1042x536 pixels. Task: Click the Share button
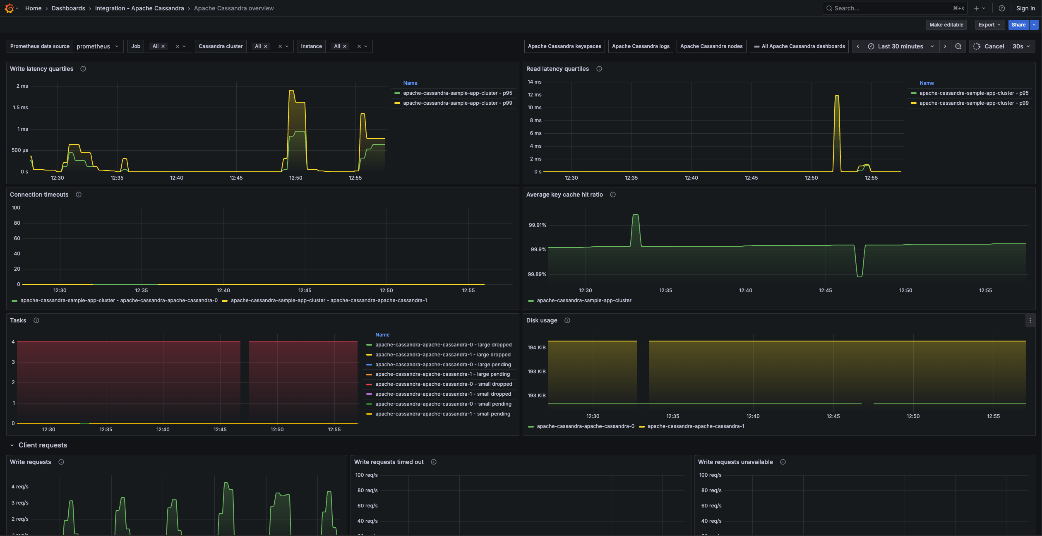pyautogui.click(x=1018, y=25)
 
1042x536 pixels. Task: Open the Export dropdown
pyautogui.click(x=989, y=25)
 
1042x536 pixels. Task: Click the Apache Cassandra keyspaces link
pyautogui.click(x=564, y=46)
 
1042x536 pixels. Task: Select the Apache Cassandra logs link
pyautogui.click(x=640, y=46)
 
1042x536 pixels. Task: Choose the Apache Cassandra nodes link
pyautogui.click(x=711, y=46)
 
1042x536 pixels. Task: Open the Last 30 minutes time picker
pyautogui.click(x=900, y=46)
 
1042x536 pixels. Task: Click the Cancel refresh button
pyautogui.click(x=989, y=46)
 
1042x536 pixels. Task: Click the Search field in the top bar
pyautogui.click(x=890, y=8)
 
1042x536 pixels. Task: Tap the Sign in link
pyautogui.click(x=1025, y=8)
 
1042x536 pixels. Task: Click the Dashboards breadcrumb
pyautogui.click(x=68, y=8)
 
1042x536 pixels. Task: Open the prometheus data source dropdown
pyautogui.click(x=98, y=46)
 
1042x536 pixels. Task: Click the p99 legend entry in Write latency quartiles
pyautogui.click(x=457, y=103)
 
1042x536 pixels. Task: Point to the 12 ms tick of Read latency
pyautogui.click(x=534, y=95)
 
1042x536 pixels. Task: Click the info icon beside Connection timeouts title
pyautogui.click(x=79, y=195)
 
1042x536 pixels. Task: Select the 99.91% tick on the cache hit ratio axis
pyautogui.click(x=537, y=225)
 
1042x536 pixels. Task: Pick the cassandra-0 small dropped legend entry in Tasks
pyautogui.click(x=443, y=384)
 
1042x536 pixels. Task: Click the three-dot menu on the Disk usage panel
pyautogui.click(x=1030, y=320)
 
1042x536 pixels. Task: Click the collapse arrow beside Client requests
pyautogui.click(x=12, y=445)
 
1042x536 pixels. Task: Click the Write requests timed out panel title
pyautogui.click(x=389, y=462)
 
